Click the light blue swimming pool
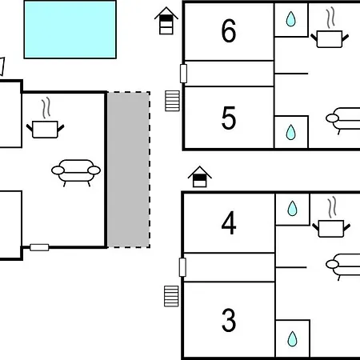pyautogui.click(x=70, y=30)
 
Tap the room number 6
pyautogui.click(x=229, y=31)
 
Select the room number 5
pyautogui.click(x=229, y=118)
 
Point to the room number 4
pyautogui.click(x=229, y=223)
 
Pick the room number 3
pyautogui.click(x=229, y=320)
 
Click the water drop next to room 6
pyautogui.click(x=291, y=19)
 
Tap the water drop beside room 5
pyautogui.click(x=291, y=132)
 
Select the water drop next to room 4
pyautogui.click(x=292, y=208)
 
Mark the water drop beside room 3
pyautogui.click(x=292, y=339)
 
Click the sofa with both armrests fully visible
pyautogui.click(x=76, y=170)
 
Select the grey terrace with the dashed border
pyautogui.click(x=129, y=170)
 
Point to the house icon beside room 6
pyautogui.click(x=166, y=21)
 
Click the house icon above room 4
pyautogui.click(x=200, y=177)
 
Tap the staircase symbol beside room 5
pyautogui.click(x=172, y=101)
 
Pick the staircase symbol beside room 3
pyautogui.click(x=171, y=296)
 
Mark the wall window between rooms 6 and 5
pyautogui.click(x=183, y=74)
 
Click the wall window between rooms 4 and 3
pyautogui.click(x=182, y=267)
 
